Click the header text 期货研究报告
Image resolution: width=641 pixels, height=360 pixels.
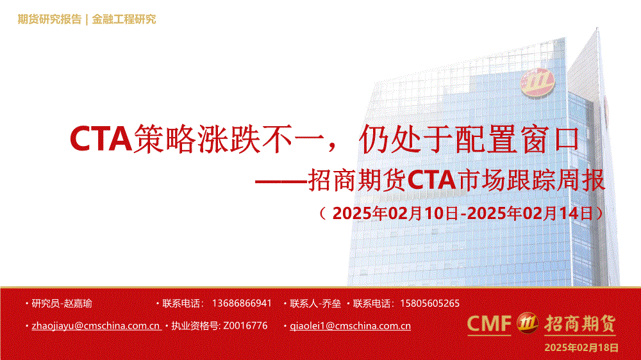click(49, 19)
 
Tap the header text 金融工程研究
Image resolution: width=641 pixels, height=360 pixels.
click(124, 19)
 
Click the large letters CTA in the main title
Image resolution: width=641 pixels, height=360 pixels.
click(101, 139)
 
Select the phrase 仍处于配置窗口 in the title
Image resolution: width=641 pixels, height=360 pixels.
click(469, 140)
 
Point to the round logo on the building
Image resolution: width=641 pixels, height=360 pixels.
click(537, 82)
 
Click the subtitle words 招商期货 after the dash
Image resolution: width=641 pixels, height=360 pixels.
click(357, 180)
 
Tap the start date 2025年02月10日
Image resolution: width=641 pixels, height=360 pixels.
click(395, 213)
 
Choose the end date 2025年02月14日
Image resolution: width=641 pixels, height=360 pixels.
click(530, 213)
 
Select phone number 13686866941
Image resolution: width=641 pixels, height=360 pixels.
click(242, 303)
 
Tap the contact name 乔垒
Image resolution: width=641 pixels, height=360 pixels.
click(331, 304)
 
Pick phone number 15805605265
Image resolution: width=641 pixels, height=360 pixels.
click(429, 303)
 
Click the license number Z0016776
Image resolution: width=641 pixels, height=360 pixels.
click(246, 325)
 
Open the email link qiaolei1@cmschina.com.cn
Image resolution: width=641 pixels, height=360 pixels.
click(351, 325)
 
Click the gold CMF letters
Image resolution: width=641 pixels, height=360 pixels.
click(489, 323)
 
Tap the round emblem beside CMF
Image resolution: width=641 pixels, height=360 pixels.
click(528, 323)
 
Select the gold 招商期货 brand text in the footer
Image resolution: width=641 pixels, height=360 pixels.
click(579, 323)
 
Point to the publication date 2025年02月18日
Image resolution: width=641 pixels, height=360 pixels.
click(581, 348)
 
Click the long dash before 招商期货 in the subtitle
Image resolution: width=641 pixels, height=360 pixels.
click(281, 180)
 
